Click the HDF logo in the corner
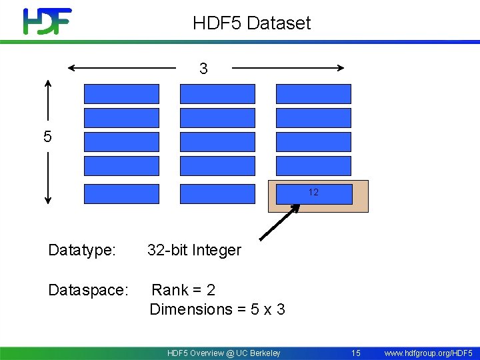47,21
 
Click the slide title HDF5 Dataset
251,23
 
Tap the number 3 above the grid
203,69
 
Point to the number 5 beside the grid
47,137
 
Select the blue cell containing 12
313,193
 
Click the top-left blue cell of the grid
122,94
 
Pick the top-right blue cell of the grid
313,94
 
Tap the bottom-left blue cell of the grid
122,193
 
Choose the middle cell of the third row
217,142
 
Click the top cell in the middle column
217,94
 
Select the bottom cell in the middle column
217,193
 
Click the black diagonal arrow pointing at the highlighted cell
279,222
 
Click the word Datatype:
82,251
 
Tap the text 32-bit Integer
194,251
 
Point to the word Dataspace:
88,291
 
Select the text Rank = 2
183,290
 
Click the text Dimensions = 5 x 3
217,309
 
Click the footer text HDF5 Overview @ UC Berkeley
224,353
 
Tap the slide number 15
356,353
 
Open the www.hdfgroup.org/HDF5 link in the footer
429,353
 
